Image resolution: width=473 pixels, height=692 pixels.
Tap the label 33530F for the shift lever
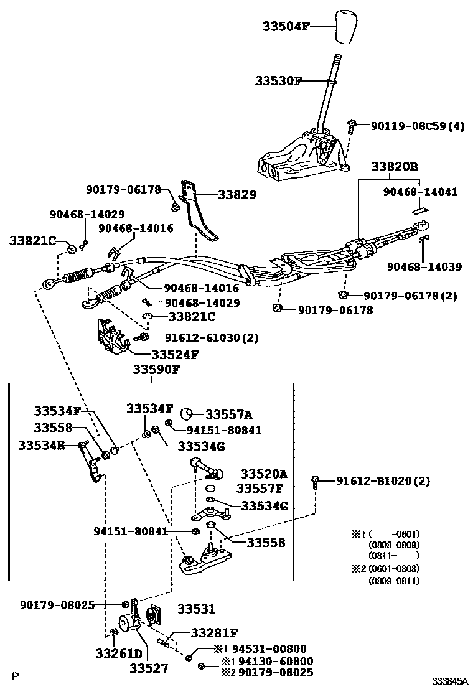[x=278, y=81]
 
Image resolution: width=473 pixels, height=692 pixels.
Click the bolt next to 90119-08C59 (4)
[x=351, y=127]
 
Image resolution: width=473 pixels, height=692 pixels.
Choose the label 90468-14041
[x=419, y=192]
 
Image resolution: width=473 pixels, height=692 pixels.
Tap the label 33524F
[x=175, y=355]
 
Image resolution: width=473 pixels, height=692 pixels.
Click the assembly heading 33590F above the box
[x=156, y=370]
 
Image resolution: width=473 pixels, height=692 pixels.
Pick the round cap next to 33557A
[x=186, y=414]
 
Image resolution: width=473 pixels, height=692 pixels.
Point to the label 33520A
[x=265, y=473]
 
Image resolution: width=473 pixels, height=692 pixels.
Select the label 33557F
[x=263, y=489]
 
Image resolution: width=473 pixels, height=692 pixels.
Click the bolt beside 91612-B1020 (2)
[x=316, y=481]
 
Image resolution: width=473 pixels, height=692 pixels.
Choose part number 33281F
[x=214, y=634]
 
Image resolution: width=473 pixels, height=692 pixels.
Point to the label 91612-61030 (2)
[x=203, y=337]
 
